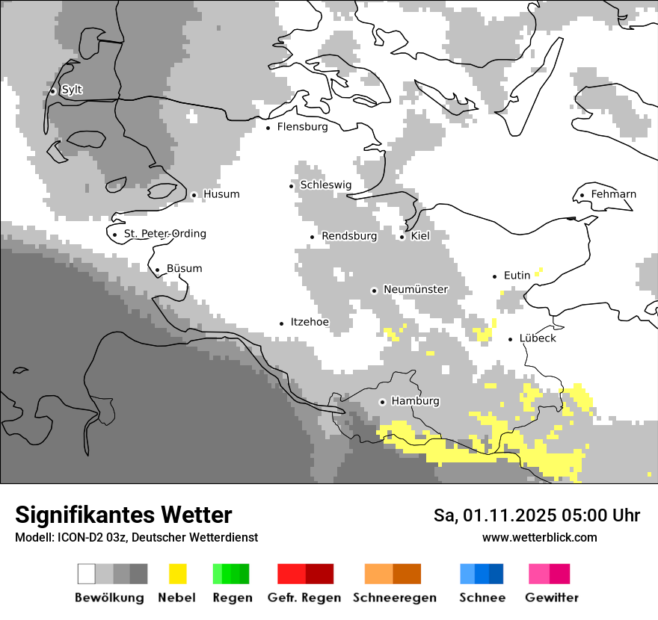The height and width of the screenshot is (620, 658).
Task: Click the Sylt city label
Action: pyautogui.click(x=72, y=90)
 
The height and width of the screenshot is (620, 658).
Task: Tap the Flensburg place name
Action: pyautogui.click(x=302, y=127)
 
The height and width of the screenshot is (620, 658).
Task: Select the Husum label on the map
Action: pyautogui.click(x=221, y=194)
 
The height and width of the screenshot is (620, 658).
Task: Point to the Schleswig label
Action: pyautogui.click(x=325, y=185)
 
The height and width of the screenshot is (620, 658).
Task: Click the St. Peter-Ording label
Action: pyautogui.click(x=164, y=234)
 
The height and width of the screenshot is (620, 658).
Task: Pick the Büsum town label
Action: pyautogui.click(x=184, y=269)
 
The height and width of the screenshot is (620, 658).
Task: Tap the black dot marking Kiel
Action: pyautogui.click(x=402, y=237)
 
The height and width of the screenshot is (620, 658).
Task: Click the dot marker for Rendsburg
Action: pyautogui.click(x=313, y=237)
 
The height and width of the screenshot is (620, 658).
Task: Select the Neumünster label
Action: pyautogui.click(x=416, y=289)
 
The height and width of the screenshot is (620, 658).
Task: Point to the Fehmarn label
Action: pyautogui.click(x=613, y=194)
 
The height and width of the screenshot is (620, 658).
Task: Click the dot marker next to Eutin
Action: pyautogui.click(x=495, y=276)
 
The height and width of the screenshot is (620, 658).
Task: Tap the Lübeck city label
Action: pyautogui.click(x=538, y=338)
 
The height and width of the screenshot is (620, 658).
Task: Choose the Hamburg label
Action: pyautogui.click(x=415, y=401)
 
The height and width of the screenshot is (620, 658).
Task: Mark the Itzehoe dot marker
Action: pyautogui.click(x=282, y=323)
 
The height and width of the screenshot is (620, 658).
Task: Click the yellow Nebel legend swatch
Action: pyautogui.click(x=177, y=574)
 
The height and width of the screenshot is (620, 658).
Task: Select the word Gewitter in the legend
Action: pyautogui.click(x=551, y=598)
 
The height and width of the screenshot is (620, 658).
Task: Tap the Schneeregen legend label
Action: pyautogui.click(x=394, y=598)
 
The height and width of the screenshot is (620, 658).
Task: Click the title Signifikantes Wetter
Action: pyautogui.click(x=123, y=515)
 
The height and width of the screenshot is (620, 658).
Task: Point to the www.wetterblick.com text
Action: pyautogui.click(x=539, y=537)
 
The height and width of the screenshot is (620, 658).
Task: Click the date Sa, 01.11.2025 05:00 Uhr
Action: pyautogui.click(x=536, y=515)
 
